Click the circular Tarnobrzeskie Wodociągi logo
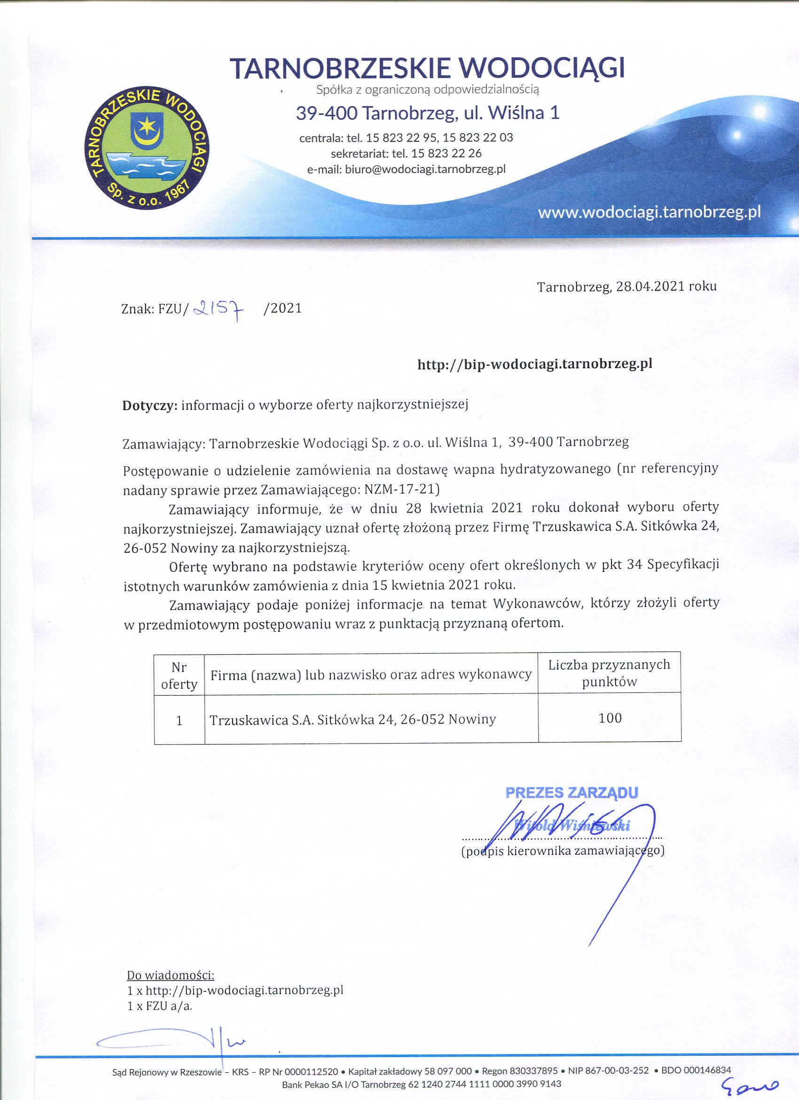tap(147, 148)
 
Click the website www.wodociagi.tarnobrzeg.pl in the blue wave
tap(649, 212)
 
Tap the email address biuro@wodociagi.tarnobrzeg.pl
tap(424, 169)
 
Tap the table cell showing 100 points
tap(610, 718)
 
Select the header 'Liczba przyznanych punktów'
tap(609, 673)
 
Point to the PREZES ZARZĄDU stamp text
tap(572, 792)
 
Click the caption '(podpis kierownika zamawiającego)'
tap(563, 851)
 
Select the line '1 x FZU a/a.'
tap(160, 992)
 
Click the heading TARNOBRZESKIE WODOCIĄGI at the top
tap(427, 68)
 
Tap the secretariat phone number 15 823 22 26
tap(446, 153)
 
